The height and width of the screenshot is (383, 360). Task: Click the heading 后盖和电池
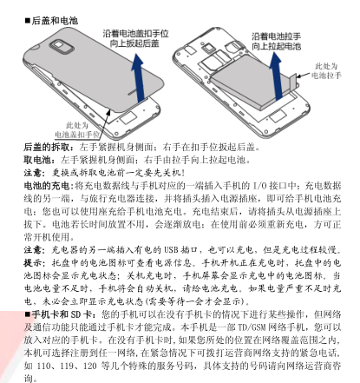(55, 21)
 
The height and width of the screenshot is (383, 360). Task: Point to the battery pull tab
(293, 82)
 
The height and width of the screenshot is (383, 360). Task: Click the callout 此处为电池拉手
(326, 71)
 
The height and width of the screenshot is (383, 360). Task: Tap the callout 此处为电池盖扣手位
(77, 130)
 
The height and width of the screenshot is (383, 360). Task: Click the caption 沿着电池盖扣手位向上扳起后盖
(135, 38)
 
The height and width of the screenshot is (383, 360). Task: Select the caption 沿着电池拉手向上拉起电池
(277, 42)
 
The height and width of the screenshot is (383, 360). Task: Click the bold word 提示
(33, 263)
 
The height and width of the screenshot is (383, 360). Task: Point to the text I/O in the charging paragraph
(260, 186)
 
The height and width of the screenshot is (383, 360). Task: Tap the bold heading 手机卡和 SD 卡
(62, 314)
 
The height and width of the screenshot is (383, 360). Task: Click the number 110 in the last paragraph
(43, 366)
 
